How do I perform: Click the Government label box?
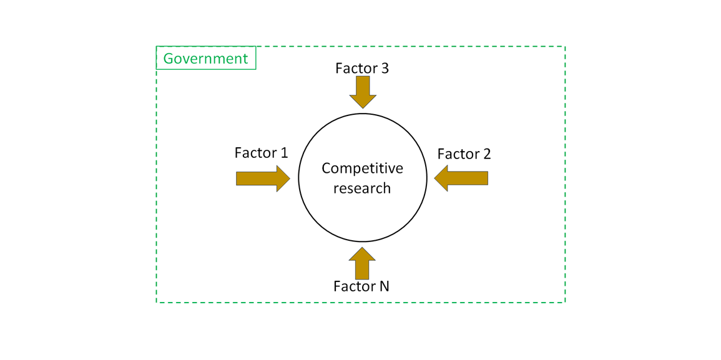[205, 59]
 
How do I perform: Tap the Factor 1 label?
[261, 153]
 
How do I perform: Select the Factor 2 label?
[464, 154]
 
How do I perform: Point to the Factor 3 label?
[362, 69]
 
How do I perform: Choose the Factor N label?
[361, 286]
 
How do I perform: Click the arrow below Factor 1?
[262, 179]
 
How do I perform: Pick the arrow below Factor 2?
[461, 179]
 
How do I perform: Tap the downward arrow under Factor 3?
[363, 92]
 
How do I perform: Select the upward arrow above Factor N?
[363, 263]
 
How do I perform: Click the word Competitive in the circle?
[362, 168]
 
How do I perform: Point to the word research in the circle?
[362, 188]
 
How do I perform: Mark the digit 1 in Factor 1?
[284, 153]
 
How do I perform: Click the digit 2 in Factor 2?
[487, 154]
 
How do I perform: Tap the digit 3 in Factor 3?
[385, 69]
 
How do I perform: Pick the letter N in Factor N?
[383, 286]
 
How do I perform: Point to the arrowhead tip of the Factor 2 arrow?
[436, 179]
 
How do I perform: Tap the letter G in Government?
[168, 59]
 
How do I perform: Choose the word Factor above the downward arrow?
[355, 69]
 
